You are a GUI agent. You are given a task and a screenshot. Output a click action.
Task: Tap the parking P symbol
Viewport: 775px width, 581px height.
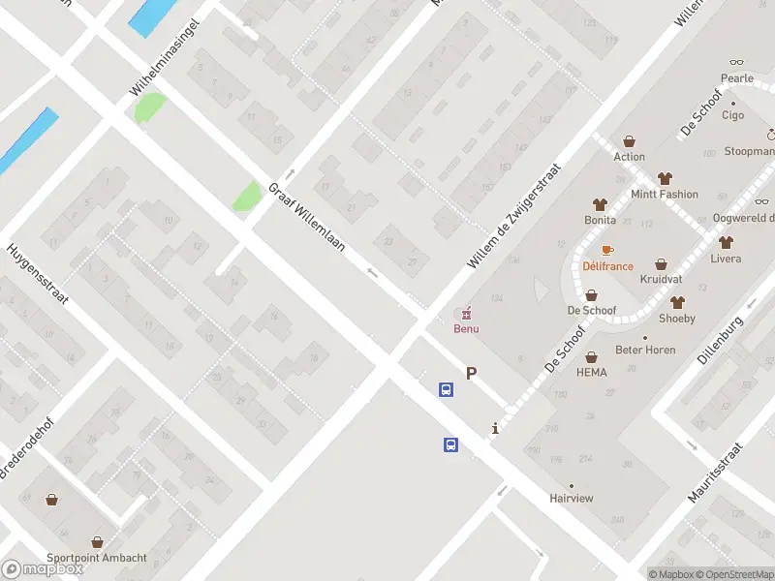pyautogui.click(x=472, y=373)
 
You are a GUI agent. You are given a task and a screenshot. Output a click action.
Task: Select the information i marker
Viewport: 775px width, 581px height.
pyautogui.click(x=495, y=428)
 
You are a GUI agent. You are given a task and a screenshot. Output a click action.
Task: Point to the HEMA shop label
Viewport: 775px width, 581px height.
pyautogui.click(x=591, y=372)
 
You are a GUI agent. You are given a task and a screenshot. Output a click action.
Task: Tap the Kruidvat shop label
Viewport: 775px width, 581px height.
pyautogui.click(x=661, y=279)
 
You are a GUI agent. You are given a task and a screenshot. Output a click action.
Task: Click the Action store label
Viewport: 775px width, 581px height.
pyautogui.click(x=629, y=156)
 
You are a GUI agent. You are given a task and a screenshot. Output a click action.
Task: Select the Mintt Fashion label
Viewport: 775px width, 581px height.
pyautogui.click(x=665, y=194)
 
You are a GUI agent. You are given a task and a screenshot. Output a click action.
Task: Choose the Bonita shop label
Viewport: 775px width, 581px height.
pyautogui.click(x=600, y=220)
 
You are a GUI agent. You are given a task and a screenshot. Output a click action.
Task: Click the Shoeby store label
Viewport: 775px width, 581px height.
pyautogui.click(x=677, y=319)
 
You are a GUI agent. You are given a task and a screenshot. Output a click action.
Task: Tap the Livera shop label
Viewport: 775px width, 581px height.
pyautogui.click(x=726, y=259)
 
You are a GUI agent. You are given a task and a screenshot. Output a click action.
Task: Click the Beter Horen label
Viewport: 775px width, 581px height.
pyautogui.click(x=645, y=350)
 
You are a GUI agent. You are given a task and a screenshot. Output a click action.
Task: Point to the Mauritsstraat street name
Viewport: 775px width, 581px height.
pyautogui.click(x=716, y=473)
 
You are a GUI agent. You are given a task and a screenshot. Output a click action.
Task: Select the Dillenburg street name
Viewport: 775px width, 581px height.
pyautogui.click(x=725, y=339)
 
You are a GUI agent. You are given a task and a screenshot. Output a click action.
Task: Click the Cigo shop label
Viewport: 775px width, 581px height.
pyautogui.click(x=732, y=114)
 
